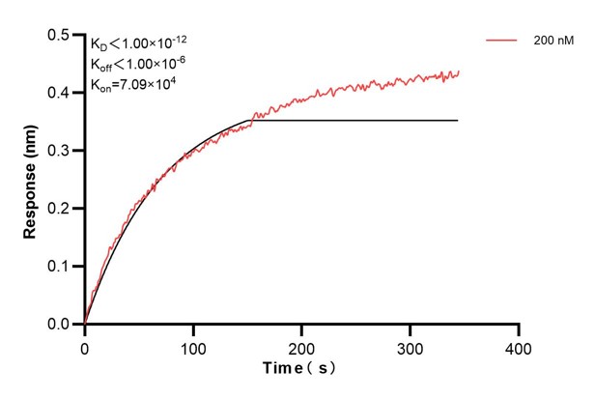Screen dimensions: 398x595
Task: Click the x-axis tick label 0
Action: click(85, 346)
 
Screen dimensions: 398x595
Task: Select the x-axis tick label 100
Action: click(193, 346)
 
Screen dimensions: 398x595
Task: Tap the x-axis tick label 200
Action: click(302, 346)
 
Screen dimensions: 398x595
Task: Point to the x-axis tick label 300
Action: click(411, 346)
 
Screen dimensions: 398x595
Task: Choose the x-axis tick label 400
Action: click(519, 346)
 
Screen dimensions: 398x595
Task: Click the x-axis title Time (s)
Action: click(301, 369)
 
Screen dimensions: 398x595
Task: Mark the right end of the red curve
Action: click(458, 71)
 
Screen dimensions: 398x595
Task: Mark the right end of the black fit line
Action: click(458, 120)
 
